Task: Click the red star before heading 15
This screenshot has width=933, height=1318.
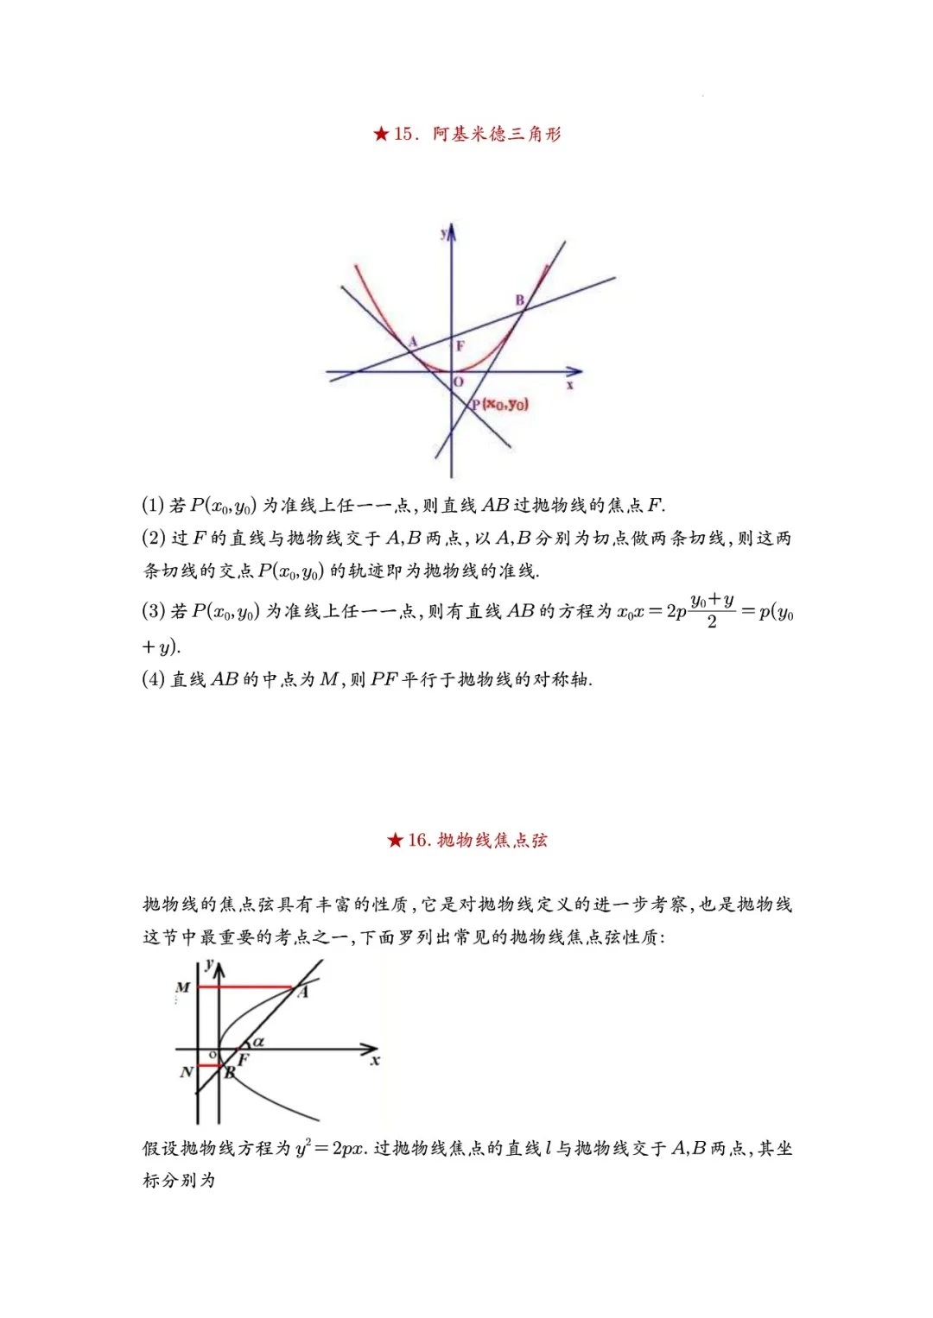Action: (381, 134)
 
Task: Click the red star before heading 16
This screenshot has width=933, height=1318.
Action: (395, 840)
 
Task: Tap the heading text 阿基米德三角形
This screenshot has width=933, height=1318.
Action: (497, 134)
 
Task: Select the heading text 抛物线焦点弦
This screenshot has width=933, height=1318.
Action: (492, 840)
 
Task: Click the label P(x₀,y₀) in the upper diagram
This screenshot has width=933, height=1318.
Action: (500, 404)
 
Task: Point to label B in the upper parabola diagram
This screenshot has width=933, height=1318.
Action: (520, 300)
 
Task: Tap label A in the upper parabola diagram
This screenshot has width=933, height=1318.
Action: (413, 342)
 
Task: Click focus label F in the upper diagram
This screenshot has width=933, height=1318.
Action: (460, 346)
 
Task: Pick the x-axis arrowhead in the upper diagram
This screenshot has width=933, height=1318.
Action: (576, 372)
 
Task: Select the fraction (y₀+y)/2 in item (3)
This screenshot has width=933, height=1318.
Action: (712, 610)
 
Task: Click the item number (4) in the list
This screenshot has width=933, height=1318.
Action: (153, 679)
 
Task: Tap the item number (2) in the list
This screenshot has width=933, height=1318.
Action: (153, 539)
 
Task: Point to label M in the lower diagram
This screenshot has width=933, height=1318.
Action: (182, 987)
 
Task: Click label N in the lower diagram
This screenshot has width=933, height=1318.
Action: (186, 1073)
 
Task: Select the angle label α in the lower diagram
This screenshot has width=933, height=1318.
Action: (258, 1042)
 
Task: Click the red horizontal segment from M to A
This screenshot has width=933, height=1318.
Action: (246, 986)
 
